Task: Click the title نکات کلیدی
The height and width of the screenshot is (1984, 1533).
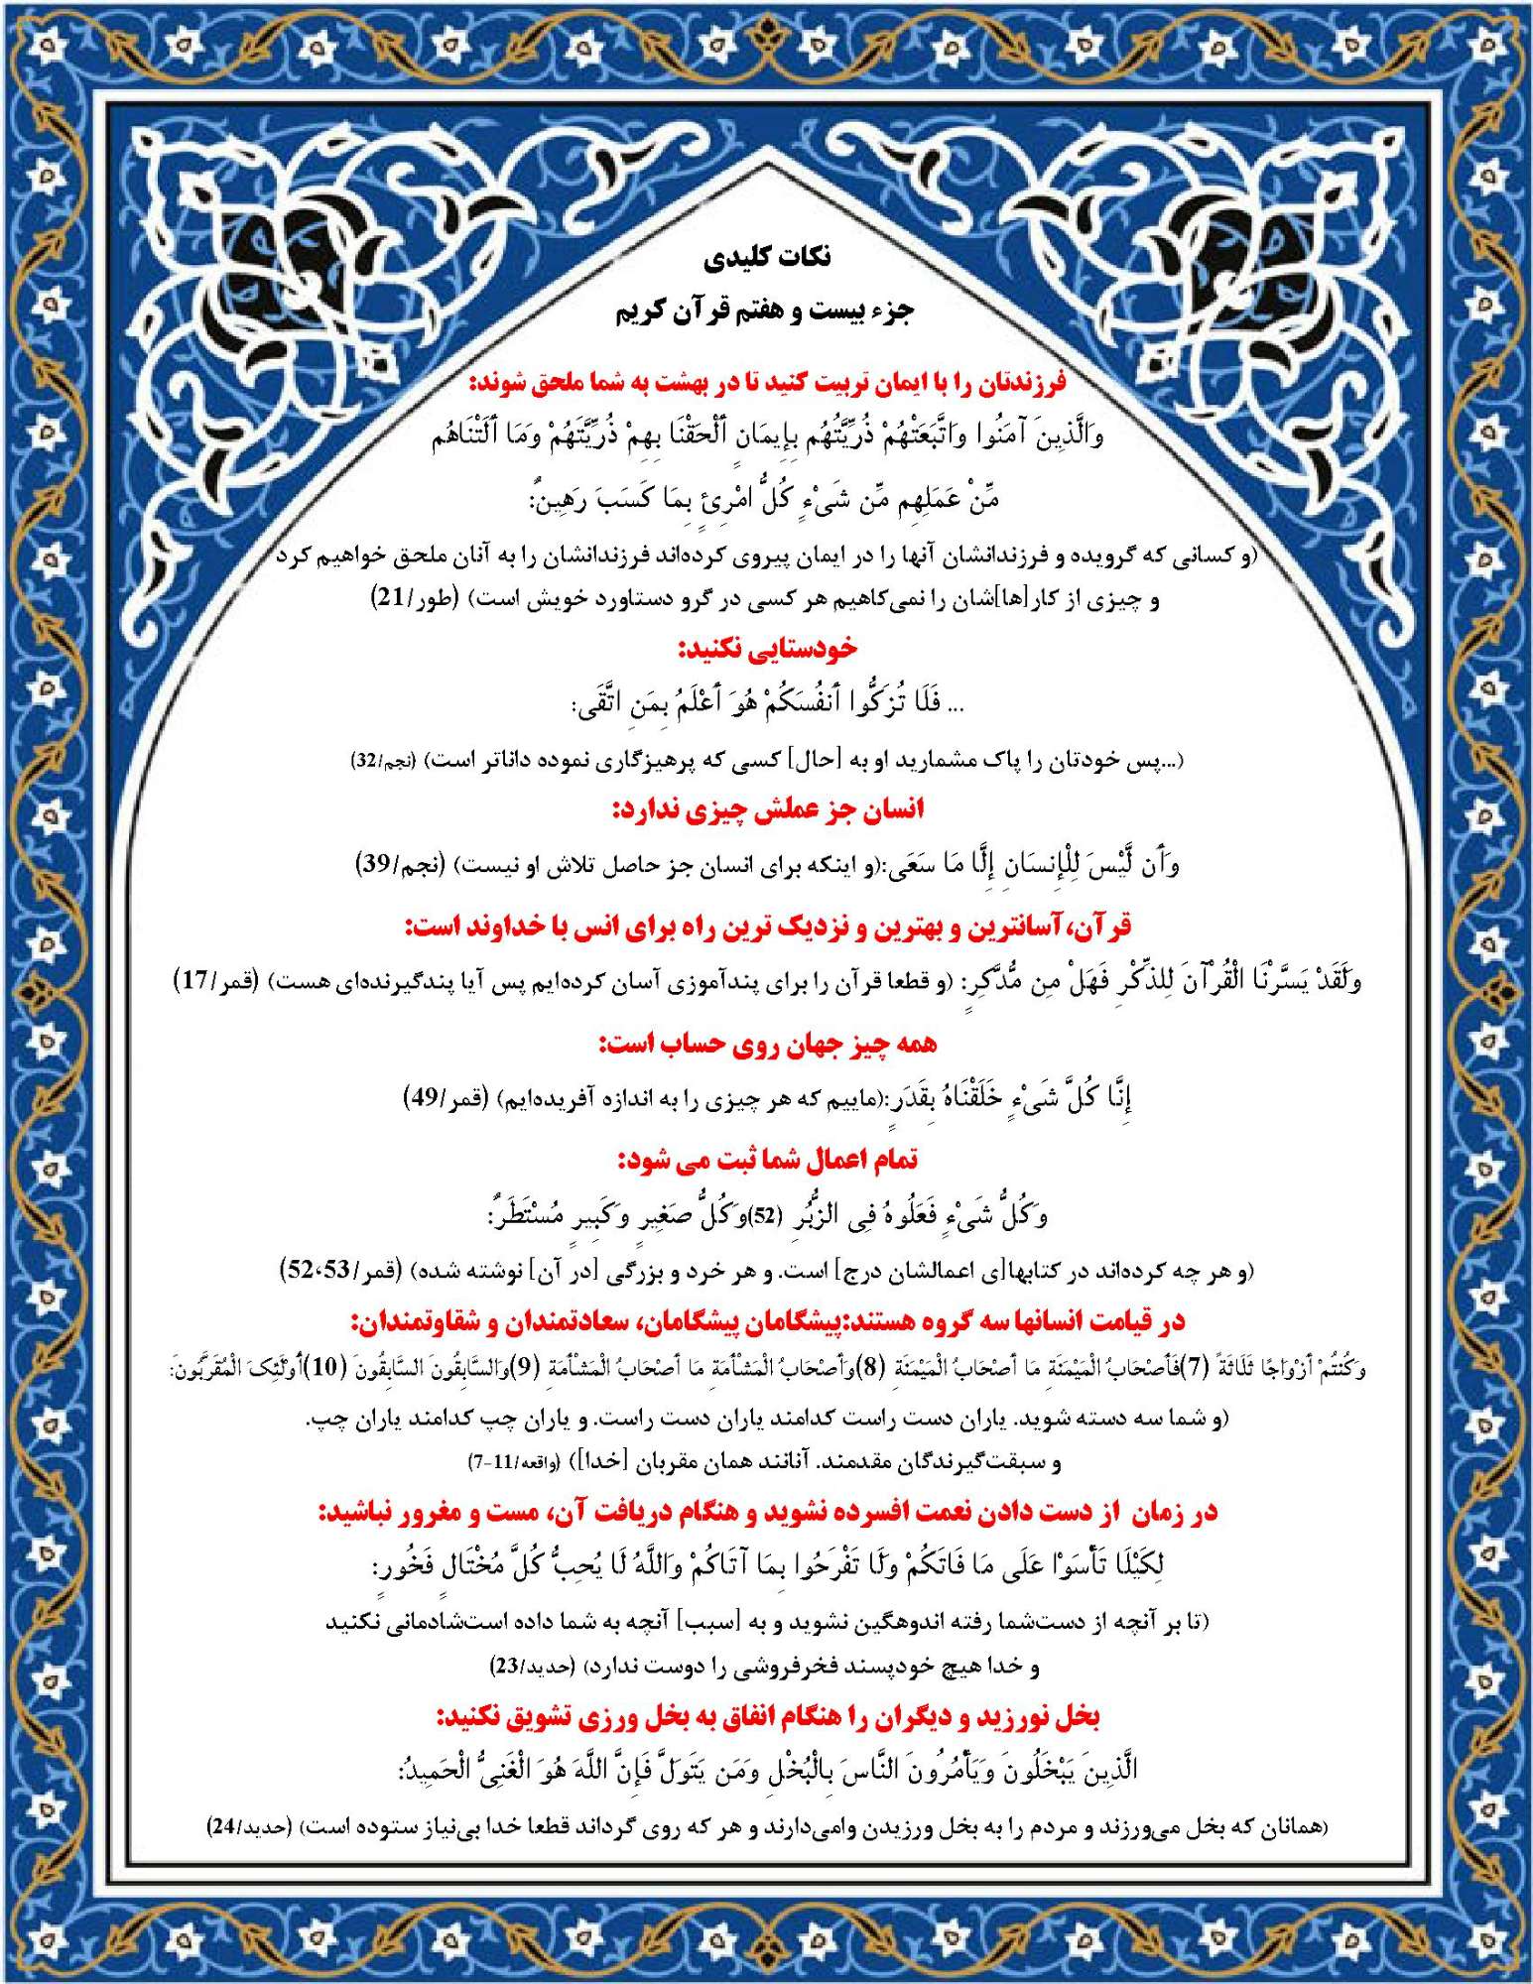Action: (767, 258)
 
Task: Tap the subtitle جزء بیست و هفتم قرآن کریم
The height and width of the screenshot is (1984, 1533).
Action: (765, 311)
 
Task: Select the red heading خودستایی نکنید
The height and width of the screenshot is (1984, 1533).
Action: (767, 650)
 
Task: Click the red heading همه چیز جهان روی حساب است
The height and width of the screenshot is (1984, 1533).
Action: (767, 1044)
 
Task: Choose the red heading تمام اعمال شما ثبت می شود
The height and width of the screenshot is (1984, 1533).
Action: (767, 1159)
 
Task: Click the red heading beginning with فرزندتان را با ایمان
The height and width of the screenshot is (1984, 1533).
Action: (767, 382)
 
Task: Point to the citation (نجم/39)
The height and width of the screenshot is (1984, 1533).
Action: (401, 864)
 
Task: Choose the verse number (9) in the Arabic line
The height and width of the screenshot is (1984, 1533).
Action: (553, 1368)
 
